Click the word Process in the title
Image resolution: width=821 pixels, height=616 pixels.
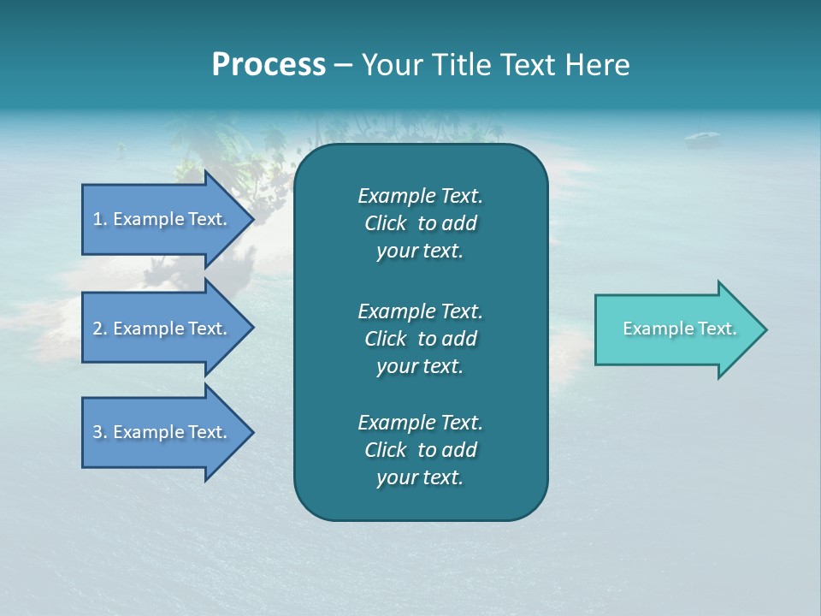coord(269,65)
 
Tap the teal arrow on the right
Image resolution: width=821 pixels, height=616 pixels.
coord(676,329)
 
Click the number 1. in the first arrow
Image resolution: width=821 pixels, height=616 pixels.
coord(100,219)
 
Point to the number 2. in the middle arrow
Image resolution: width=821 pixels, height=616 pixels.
coord(100,329)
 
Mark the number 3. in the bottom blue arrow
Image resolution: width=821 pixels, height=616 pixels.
coord(100,432)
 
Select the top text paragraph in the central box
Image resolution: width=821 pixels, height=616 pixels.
coord(420,223)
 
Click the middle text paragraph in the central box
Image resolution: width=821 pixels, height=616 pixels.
coord(420,338)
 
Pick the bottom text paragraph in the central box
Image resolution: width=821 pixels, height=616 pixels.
coord(420,450)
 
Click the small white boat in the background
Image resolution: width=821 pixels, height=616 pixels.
coord(701,136)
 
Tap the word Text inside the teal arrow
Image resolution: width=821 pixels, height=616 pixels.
coord(717,329)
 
